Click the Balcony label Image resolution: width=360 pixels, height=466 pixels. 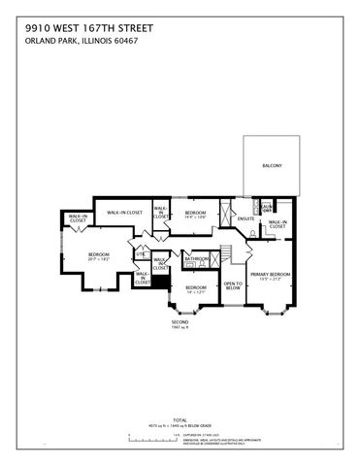click(273, 165)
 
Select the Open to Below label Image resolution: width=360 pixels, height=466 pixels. click(233, 286)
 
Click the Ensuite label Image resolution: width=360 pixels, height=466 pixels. click(246, 219)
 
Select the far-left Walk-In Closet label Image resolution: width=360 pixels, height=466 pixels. click(78, 220)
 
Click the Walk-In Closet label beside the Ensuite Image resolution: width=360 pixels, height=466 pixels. click(278, 224)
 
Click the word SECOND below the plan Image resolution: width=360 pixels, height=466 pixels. click(180, 321)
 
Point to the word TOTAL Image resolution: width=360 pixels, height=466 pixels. click(180, 419)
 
